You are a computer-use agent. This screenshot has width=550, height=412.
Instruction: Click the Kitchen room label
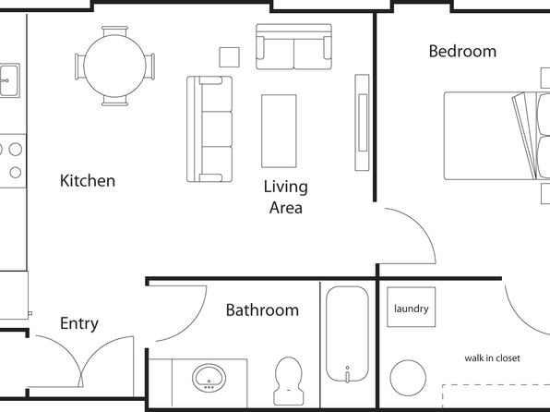pyautogui.click(x=88, y=181)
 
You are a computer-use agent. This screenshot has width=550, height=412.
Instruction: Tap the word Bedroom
pyautogui.click(x=462, y=52)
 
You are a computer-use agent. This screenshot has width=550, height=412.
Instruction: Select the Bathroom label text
pyautogui.click(x=262, y=310)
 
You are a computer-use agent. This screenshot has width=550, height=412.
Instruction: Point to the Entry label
pyautogui.click(x=79, y=323)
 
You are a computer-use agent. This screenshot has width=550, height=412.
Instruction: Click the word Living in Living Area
pyautogui.click(x=285, y=188)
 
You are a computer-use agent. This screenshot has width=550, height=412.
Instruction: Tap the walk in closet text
pyautogui.click(x=492, y=358)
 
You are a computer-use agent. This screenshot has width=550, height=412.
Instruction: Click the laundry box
pyautogui.click(x=411, y=307)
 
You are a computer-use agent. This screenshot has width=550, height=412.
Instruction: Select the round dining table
pyautogui.click(x=114, y=66)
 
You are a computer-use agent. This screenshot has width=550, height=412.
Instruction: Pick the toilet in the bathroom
pyautogui.click(x=288, y=382)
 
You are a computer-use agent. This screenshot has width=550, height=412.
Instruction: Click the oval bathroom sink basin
pyautogui.click(x=209, y=378)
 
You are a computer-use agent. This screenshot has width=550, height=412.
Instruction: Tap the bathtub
pyautogui.click(x=347, y=334)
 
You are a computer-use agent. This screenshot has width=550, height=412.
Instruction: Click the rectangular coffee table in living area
pyautogui.click(x=279, y=131)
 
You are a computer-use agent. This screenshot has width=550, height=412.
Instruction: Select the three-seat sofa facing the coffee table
pyautogui.click(x=209, y=129)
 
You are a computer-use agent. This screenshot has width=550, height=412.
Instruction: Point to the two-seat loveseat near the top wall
pyautogui.click(x=294, y=46)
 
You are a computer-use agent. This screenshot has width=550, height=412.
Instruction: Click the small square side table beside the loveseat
pyautogui.click(x=230, y=57)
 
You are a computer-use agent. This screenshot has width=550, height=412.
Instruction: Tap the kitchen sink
pyautogui.click(x=9, y=80)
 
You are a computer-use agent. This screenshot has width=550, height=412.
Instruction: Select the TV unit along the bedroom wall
pyautogui.click(x=362, y=123)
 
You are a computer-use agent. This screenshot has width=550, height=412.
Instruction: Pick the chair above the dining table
pyautogui.click(x=114, y=30)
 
